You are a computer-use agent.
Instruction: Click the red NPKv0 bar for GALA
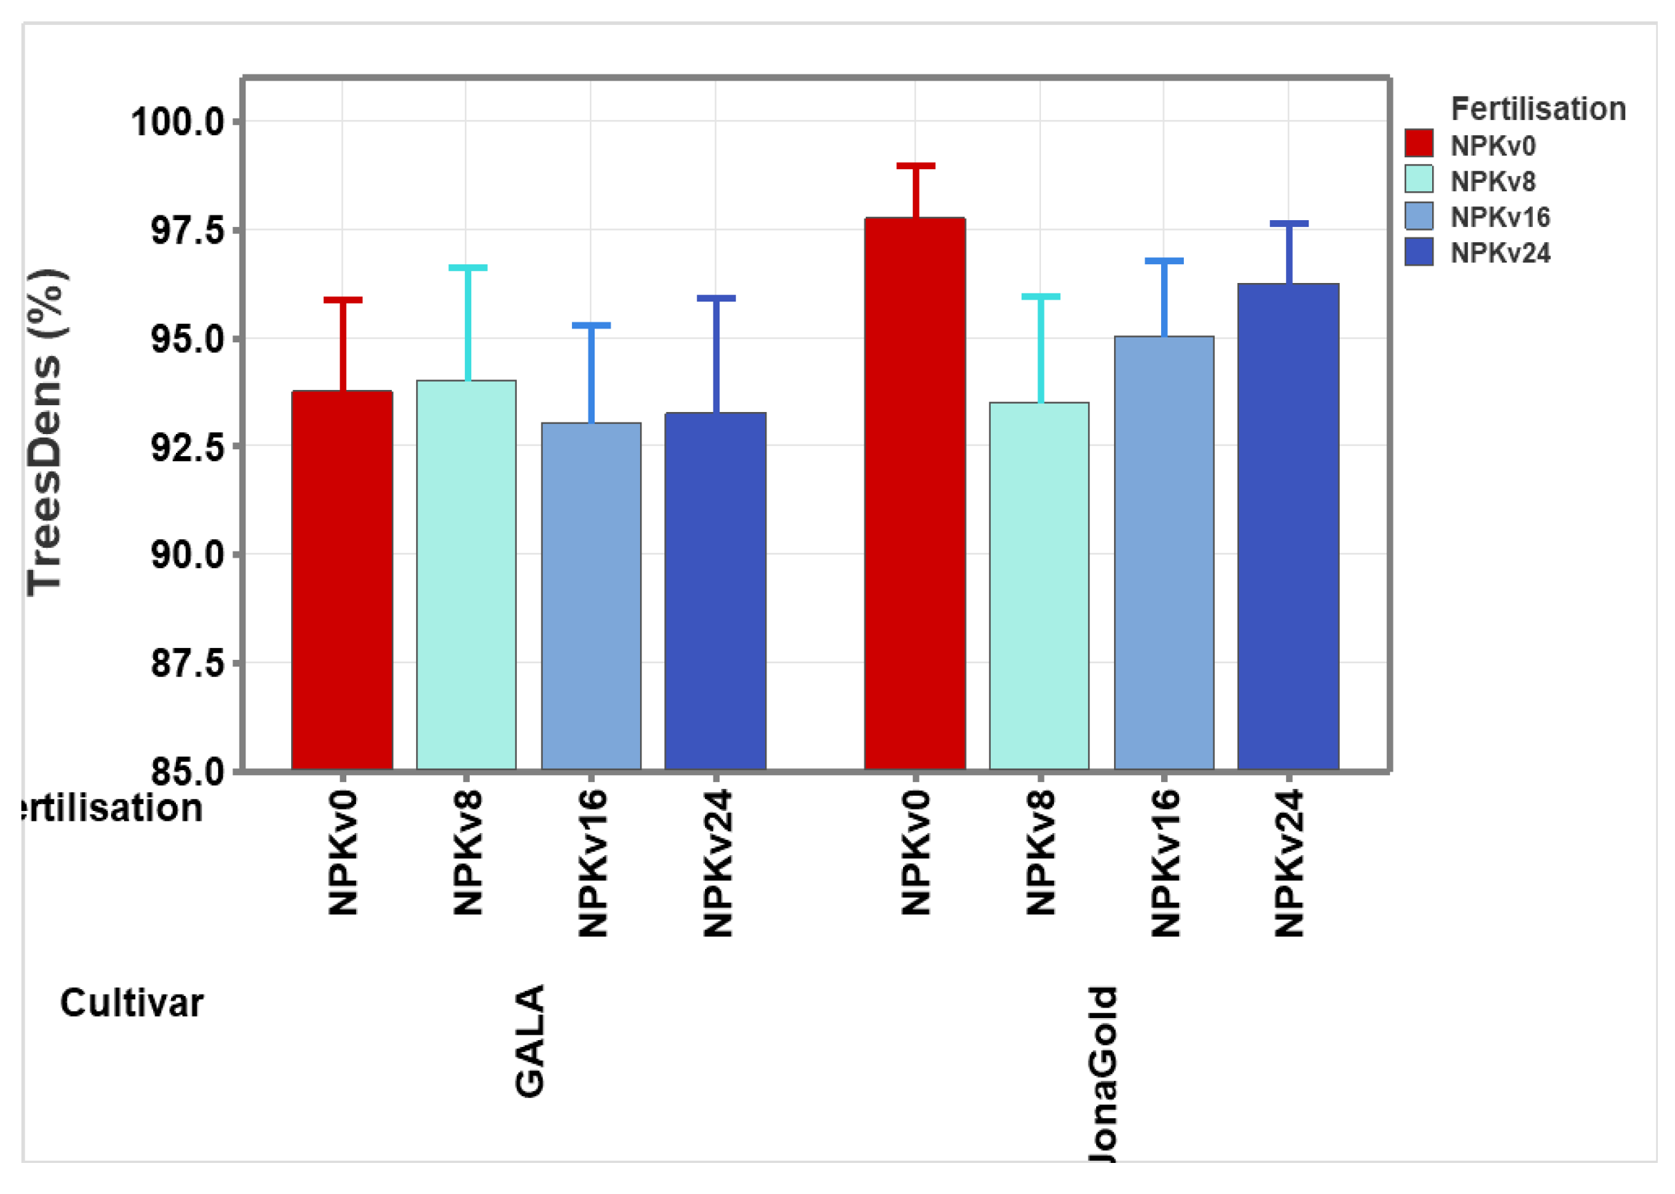pos(341,581)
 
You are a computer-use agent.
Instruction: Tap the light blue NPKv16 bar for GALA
pos(591,596)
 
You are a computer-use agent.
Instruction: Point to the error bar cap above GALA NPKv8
pos(468,268)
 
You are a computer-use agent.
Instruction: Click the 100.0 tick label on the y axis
pos(177,122)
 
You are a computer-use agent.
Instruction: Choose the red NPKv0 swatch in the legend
pos(1418,144)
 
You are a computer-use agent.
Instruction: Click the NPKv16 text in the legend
pos(1499,217)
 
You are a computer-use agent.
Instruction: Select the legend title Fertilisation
pos(1538,110)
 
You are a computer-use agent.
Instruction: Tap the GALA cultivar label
pos(529,1041)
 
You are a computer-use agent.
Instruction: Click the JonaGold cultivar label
pos(1102,1073)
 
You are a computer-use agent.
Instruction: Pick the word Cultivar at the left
pos(131,1004)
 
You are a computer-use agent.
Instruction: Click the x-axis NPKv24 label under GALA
pos(717,863)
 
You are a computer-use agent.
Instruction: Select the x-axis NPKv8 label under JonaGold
pos(1040,852)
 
